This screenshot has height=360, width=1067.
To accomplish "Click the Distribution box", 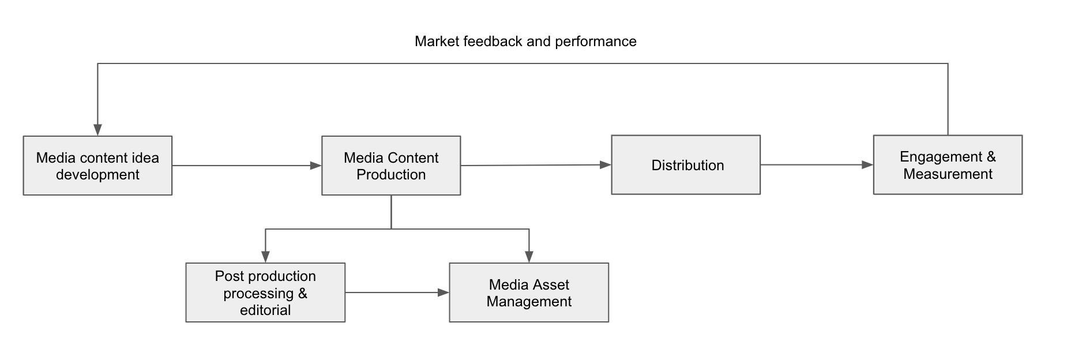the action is coord(686,165).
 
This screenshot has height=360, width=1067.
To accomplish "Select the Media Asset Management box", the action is coord(529,292).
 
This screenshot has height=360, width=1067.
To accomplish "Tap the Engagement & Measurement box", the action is coord(948,165).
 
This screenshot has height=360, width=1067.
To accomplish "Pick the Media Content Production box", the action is coord(391,166).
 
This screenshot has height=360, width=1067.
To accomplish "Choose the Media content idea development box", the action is coord(97,166).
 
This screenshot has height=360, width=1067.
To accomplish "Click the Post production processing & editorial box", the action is coord(265,292).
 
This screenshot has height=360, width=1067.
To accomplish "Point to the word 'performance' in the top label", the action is coord(596,42).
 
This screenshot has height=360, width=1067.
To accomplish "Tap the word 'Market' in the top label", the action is coord(437,42).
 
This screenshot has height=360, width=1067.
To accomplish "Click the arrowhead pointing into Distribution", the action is coord(606,165).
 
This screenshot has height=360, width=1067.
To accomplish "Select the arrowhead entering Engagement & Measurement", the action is coord(867,165).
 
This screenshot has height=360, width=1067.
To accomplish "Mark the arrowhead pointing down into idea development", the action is coord(97,130).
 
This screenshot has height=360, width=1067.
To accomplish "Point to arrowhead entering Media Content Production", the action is coord(315,166).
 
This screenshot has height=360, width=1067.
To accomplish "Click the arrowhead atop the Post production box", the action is coord(265,257).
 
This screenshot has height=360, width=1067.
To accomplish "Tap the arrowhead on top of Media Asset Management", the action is coord(529,257).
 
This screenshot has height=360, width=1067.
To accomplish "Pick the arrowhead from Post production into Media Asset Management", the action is coord(444,292).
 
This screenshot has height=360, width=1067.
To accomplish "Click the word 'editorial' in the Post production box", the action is coord(265,310).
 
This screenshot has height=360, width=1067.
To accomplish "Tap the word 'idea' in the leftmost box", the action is coord(146,157).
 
